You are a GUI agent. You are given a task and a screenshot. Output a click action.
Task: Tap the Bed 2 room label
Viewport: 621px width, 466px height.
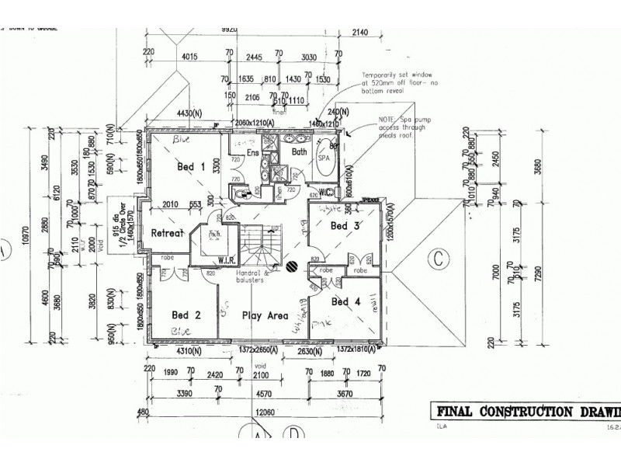pyautogui.click(x=186, y=315)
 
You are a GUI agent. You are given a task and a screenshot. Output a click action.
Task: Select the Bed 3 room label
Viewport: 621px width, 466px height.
pyautogui.click(x=345, y=226)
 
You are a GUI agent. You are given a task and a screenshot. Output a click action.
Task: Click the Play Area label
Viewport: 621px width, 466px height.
pyautogui.click(x=265, y=316)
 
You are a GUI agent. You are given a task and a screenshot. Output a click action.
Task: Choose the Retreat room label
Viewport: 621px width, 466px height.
pyautogui.click(x=166, y=233)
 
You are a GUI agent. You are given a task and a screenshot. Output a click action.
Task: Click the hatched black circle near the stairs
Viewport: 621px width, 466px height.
pyautogui.click(x=290, y=266)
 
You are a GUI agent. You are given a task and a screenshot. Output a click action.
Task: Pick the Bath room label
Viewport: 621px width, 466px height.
pyautogui.click(x=299, y=153)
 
